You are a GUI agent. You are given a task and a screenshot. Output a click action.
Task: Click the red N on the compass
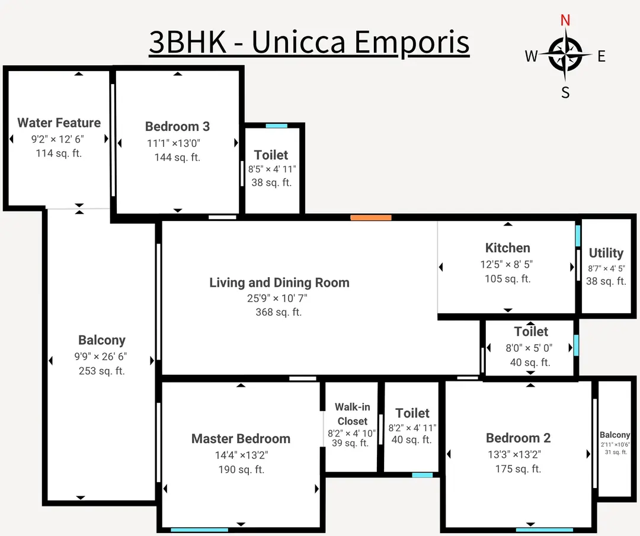coord(565,20)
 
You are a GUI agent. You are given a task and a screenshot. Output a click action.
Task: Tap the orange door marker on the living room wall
coord(371,217)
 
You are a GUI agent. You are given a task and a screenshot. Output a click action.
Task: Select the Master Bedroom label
coord(241,439)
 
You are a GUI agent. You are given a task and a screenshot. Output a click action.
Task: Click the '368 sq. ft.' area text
coord(279,312)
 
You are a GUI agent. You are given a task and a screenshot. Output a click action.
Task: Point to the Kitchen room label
coord(508,248)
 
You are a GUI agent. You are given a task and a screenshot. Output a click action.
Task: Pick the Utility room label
coord(606,253)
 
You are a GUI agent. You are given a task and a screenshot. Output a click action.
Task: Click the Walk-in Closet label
coord(353,414)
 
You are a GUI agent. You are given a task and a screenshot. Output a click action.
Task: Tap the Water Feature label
coord(59,123)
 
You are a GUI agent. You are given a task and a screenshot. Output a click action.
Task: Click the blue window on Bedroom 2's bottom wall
coord(545,529)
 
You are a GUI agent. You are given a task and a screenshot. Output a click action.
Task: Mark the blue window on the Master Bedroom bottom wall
coord(196,529)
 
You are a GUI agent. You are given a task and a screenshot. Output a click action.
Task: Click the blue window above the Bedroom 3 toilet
coord(276,126)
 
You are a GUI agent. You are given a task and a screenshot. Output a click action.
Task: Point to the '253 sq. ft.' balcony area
coord(101,371)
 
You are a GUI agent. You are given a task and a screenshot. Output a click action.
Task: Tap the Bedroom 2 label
coord(518,438)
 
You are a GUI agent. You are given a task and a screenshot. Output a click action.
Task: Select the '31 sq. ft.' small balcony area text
coord(616,452)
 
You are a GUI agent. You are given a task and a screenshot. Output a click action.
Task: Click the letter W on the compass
coord(531,56)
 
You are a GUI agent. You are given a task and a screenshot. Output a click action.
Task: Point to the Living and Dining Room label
coord(279,283)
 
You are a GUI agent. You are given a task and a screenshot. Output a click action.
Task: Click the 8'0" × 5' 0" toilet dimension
coord(530,348)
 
